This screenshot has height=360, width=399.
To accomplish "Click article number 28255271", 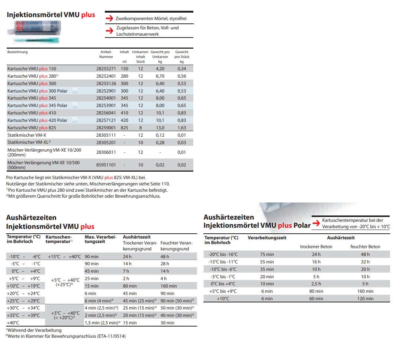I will (106, 69).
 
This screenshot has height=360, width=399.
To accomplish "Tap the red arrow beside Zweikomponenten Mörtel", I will (109, 18).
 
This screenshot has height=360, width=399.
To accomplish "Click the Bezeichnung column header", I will (17, 52).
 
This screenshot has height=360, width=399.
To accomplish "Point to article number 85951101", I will (106, 165).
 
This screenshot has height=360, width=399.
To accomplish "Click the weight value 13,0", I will (160, 127).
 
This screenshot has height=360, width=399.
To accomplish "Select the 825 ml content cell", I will (124, 127).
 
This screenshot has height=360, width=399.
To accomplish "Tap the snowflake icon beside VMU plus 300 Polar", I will (74, 91).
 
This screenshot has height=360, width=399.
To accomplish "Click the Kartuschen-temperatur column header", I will (59, 239).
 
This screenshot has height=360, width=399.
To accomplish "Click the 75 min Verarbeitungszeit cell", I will (267, 254).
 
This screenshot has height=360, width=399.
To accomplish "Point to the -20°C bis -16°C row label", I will (223, 254).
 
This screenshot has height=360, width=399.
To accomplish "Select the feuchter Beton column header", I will (365, 247).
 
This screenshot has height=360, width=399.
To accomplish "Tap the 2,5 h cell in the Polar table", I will (316, 284).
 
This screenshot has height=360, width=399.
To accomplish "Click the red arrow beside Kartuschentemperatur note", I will (316, 223).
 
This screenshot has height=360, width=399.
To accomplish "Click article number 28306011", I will (106, 152).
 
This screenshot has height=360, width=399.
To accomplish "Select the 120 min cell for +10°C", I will (366, 299).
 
